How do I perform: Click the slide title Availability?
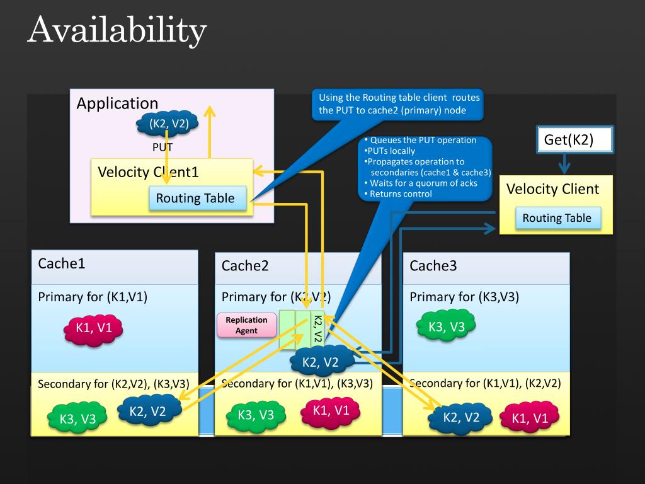117,30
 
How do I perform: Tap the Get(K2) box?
574,139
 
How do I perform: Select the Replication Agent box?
246,325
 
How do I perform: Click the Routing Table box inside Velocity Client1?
197,198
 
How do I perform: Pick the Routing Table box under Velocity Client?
558,217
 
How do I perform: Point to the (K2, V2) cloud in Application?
168,123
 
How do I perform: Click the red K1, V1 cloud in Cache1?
93,329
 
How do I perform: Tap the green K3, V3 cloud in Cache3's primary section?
447,326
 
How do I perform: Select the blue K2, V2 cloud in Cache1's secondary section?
149,410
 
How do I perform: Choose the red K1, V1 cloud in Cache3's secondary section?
530,418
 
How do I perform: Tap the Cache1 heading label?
62,263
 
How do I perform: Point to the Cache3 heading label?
433,266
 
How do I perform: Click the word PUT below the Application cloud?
162,147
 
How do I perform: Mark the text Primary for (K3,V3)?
464,297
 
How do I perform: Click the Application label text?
117,103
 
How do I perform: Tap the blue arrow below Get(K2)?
564,163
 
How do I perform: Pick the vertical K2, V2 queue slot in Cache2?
317,329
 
